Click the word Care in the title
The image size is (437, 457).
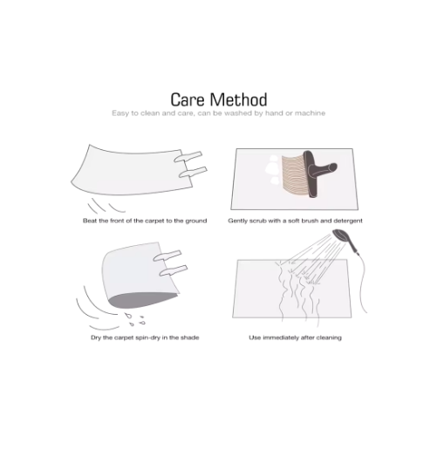tap(188, 99)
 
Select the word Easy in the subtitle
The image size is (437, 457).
tap(120, 113)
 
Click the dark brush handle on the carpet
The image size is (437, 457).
tap(317, 173)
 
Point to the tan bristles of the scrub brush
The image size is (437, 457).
tap(293, 176)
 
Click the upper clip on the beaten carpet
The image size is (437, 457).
tap(188, 156)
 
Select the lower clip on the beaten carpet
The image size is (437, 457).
tap(193, 173)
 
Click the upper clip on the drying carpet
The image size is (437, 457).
tap(167, 256)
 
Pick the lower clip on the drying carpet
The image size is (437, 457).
tap(174, 270)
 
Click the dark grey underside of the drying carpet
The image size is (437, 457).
tap(143, 300)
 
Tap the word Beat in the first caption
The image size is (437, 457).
tap(90, 221)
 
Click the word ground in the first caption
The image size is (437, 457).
tap(196, 222)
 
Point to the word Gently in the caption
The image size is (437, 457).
tap(237, 222)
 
